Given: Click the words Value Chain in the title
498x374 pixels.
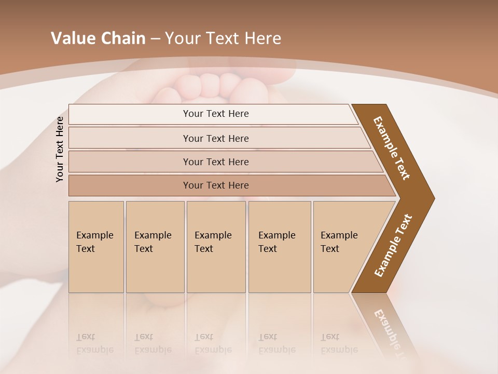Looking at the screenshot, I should pyautogui.click(x=98, y=38).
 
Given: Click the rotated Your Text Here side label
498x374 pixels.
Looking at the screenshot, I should pyautogui.click(x=60, y=149).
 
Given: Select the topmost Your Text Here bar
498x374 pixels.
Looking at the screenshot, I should pyautogui.click(x=215, y=114).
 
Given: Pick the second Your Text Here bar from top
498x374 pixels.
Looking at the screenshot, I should pyautogui.click(x=215, y=138).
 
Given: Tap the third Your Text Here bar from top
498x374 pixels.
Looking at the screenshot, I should pyautogui.click(x=215, y=162).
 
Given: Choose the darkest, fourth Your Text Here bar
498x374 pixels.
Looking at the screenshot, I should pyautogui.click(x=215, y=185).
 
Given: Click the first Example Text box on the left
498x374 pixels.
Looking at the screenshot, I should pyautogui.click(x=96, y=247).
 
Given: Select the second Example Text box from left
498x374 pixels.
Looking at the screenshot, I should pyautogui.click(x=155, y=247).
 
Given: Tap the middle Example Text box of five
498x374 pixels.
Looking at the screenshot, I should pyautogui.click(x=216, y=247).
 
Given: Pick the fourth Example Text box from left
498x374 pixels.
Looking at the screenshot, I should pyautogui.click(x=279, y=247).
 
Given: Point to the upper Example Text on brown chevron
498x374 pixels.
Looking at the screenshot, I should pyautogui.click(x=392, y=148).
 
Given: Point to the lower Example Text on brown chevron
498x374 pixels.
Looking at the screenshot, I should pyautogui.click(x=393, y=246).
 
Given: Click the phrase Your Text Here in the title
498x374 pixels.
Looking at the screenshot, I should pyautogui.click(x=223, y=38).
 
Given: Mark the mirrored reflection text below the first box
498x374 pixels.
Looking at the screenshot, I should pyautogui.click(x=94, y=343).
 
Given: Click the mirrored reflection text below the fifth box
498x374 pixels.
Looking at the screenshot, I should pyautogui.click(x=339, y=343).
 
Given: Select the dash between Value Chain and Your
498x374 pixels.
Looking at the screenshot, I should pyautogui.click(x=155, y=39).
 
